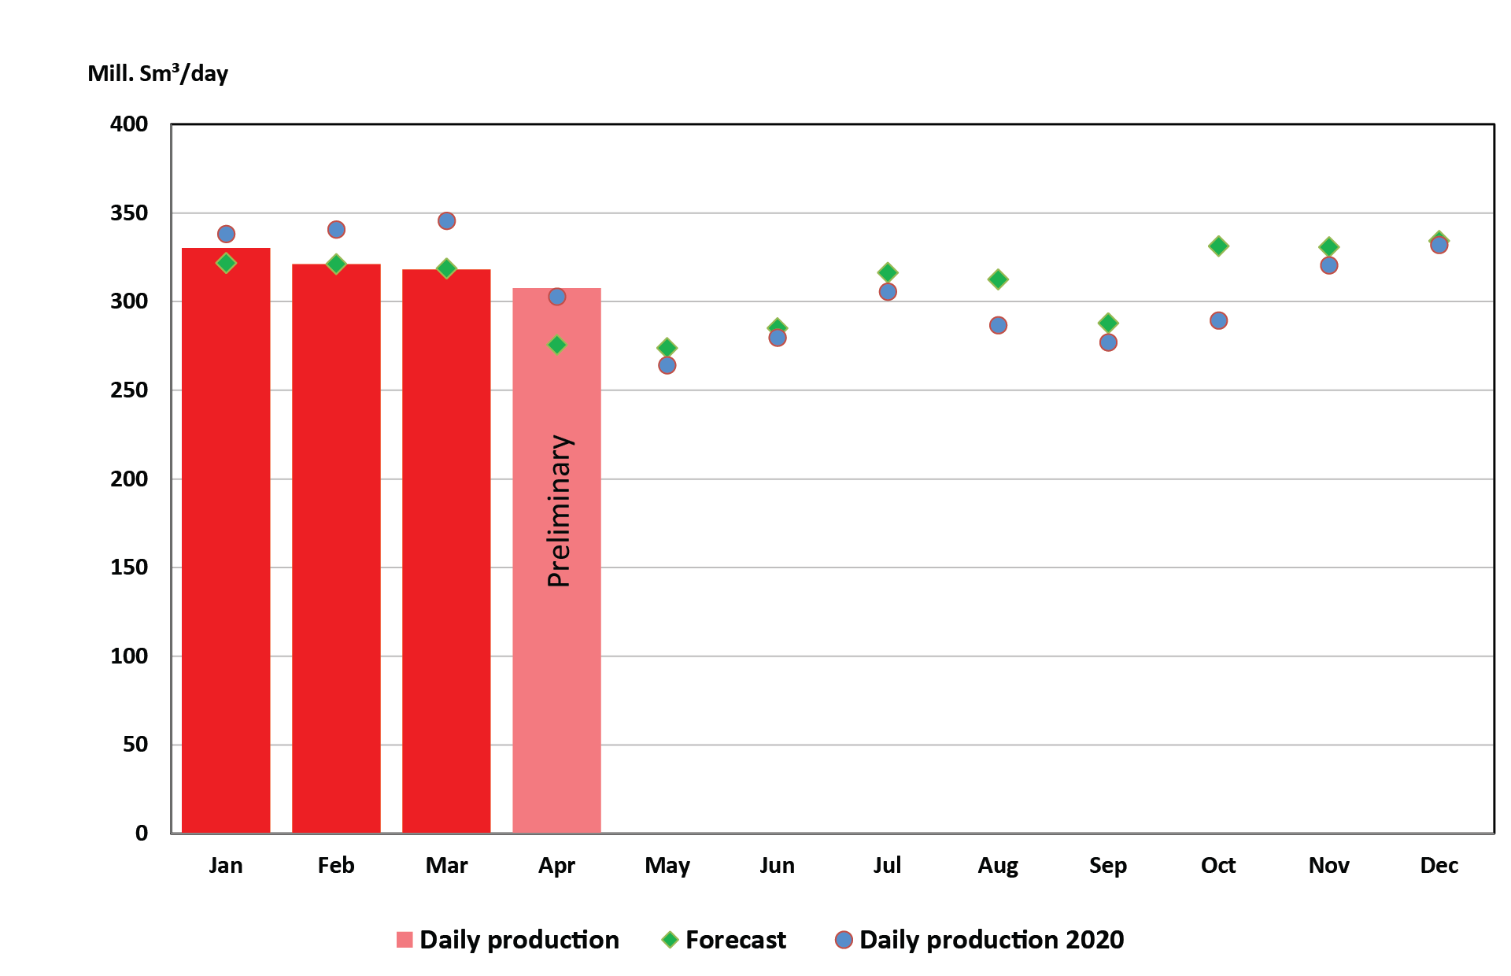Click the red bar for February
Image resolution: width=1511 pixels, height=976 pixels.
[336, 551]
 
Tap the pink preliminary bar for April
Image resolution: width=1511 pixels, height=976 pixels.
[556, 669]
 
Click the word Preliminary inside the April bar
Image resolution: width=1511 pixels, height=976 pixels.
[559, 511]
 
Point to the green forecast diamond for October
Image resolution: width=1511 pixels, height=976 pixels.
[1218, 246]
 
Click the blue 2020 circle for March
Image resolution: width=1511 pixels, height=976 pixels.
[446, 221]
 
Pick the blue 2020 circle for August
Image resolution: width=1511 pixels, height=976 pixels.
[998, 325]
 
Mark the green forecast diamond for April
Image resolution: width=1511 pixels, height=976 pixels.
[556, 345]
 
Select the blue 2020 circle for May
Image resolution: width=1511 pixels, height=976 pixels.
[667, 365]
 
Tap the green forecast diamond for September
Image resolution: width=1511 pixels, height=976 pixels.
[1108, 323]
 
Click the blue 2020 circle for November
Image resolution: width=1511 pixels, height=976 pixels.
[1328, 265]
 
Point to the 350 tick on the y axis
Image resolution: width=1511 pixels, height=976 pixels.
[129, 213]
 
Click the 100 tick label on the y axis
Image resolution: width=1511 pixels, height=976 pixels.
[129, 656]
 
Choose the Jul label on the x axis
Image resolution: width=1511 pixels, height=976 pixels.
[887, 866]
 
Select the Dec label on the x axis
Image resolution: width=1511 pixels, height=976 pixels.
[1439, 866]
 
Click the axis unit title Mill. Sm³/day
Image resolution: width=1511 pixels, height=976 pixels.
[157, 73]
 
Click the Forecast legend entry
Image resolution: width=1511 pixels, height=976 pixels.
[735, 940]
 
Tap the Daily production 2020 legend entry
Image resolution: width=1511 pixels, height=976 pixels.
[991, 940]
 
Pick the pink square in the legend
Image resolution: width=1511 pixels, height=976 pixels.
[405, 940]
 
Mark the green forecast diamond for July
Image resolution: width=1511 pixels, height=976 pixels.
[888, 272]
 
